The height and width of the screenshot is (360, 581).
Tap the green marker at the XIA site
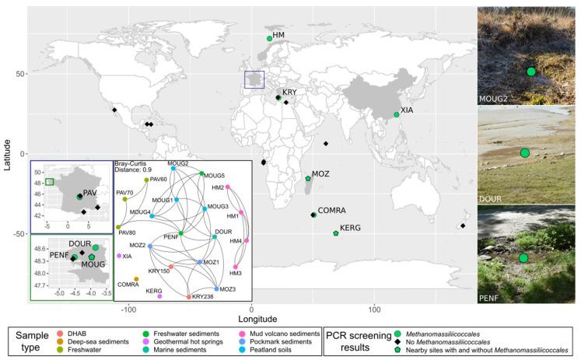(397, 114)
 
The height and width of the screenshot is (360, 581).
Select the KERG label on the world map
(349, 227)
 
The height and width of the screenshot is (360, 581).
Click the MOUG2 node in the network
(173, 169)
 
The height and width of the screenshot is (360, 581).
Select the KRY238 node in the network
(188, 296)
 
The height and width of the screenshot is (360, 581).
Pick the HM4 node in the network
(247, 240)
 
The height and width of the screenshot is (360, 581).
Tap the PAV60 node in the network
(146, 180)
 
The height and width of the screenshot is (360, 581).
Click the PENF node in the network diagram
(181, 232)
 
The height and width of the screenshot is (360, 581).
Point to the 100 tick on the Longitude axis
(375, 309)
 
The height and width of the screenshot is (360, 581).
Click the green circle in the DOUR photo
(524, 153)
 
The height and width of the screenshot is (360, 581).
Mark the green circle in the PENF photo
(523, 257)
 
